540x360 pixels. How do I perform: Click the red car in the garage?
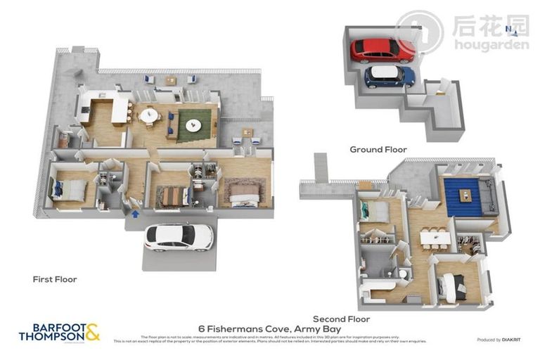382,50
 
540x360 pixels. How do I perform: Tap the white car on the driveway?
179,237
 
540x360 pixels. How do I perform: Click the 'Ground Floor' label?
378,149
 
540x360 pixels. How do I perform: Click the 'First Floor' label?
55,279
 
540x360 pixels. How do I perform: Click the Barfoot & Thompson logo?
59,332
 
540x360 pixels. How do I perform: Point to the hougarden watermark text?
491,45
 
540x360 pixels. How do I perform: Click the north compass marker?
508,29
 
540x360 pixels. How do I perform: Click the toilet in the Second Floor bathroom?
400,273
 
